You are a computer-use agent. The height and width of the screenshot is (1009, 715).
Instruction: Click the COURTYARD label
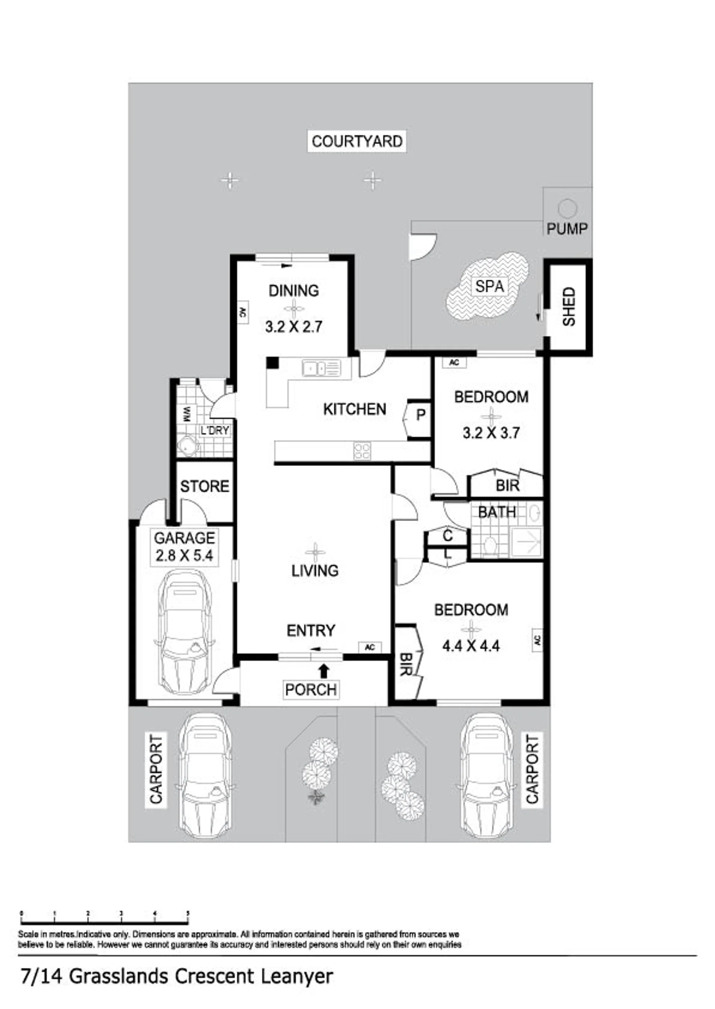click(x=357, y=141)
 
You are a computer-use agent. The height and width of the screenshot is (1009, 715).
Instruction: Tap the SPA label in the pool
click(x=490, y=287)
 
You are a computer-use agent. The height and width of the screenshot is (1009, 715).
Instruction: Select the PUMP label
click(x=567, y=229)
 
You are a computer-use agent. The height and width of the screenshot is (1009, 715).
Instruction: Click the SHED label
click(x=569, y=307)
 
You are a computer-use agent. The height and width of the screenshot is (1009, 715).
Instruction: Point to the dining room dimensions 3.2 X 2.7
click(x=294, y=326)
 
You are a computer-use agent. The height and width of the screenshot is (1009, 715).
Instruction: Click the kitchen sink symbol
click(x=321, y=368)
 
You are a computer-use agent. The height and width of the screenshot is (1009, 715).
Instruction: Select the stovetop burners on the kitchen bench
click(x=362, y=451)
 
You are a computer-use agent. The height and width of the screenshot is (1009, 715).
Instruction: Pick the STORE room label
click(x=205, y=486)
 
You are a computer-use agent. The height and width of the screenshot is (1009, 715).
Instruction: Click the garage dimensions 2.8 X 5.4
click(x=184, y=555)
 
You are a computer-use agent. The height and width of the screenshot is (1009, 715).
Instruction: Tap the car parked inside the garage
click(x=184, y=632)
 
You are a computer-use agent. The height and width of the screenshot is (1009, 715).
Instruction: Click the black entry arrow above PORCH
click(x=324, y=671)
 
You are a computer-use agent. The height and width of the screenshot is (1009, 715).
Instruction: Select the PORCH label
click(x=311, y=690)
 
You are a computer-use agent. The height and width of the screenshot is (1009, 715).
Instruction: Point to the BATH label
click(x=497, y=512)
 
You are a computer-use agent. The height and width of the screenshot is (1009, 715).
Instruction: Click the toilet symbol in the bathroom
click(x=490, y=545)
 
